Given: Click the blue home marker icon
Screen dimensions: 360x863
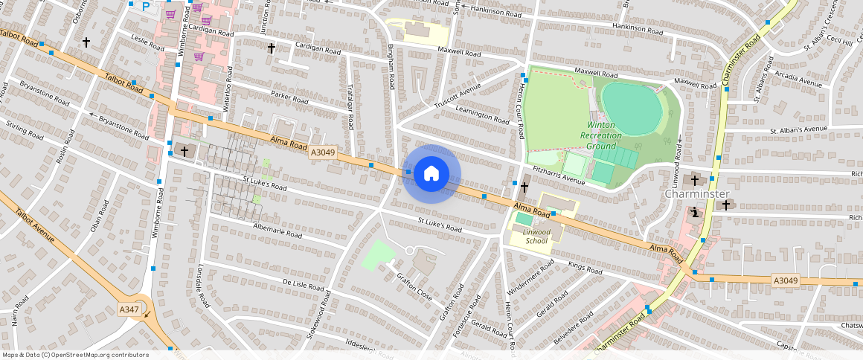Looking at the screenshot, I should [x=431, y=174].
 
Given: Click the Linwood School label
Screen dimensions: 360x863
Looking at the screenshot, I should [x=536, y=237].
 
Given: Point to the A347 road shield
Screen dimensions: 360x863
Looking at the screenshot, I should [x=129, y=309].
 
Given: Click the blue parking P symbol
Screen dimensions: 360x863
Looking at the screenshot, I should [x=146, y=6].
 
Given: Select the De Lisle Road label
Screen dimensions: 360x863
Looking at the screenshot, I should [x=304, y=285].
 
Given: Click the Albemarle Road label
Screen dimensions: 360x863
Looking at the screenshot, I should [x=277, y=231].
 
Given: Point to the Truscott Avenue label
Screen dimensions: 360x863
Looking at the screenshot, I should [x=458, y=99].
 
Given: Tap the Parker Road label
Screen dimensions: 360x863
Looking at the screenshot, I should [x=289, y=98].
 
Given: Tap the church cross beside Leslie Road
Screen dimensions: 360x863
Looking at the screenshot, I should [x=86, y=42].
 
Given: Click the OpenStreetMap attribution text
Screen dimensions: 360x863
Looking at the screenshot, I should [x=74, y=355].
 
